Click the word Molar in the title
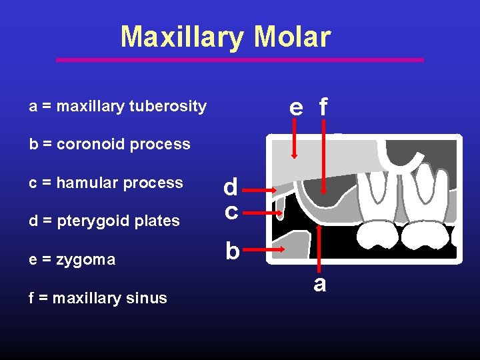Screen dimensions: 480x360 pos(291,37)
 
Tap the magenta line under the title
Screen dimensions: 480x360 pos(240,60)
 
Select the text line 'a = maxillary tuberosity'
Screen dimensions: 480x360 pos(118,106)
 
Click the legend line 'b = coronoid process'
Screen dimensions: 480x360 pos(110,144)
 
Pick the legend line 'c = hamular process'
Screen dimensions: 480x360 pos(106,183)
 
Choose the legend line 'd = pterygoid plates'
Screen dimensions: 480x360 pos(105,221)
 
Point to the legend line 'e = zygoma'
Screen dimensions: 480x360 pos(73,259)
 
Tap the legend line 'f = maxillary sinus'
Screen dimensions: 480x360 pos(98,298)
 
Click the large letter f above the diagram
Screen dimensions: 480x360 pos(323,107)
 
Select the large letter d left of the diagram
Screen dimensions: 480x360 pos(231,187)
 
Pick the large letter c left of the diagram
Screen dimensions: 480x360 pos(231,211)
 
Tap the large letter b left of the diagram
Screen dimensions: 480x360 pos(231,251)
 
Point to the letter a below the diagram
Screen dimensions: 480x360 pos(320,284)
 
